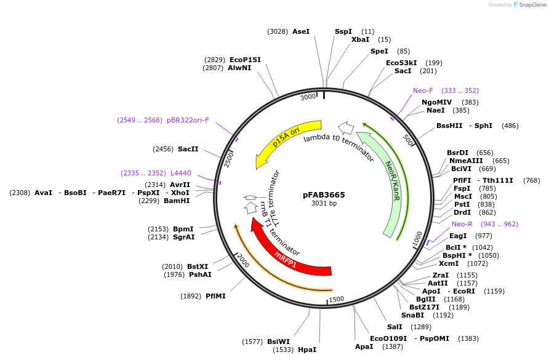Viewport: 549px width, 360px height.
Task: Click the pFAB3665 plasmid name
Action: pos(324,194)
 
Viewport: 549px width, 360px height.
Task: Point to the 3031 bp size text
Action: pos(324,203)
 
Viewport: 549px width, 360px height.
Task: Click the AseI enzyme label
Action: pos(301,31)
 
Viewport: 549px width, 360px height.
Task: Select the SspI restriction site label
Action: pos(343,31)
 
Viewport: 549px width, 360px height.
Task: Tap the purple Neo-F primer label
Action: pos(423,90)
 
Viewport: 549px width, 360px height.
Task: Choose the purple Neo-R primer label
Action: pos(462,224)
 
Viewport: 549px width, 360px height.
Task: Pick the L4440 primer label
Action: pos(181,173)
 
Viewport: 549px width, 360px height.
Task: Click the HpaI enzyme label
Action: pos(307,350)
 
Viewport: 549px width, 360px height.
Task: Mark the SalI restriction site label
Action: pos(395,327)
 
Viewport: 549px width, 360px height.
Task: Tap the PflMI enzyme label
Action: pos(215,296)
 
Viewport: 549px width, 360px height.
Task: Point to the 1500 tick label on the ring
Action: pos(336,299)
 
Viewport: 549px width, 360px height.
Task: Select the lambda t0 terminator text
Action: pos(339,147)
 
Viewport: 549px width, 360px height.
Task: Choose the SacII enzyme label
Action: pos(188,149)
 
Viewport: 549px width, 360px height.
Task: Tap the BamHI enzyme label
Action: pos(177,201)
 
